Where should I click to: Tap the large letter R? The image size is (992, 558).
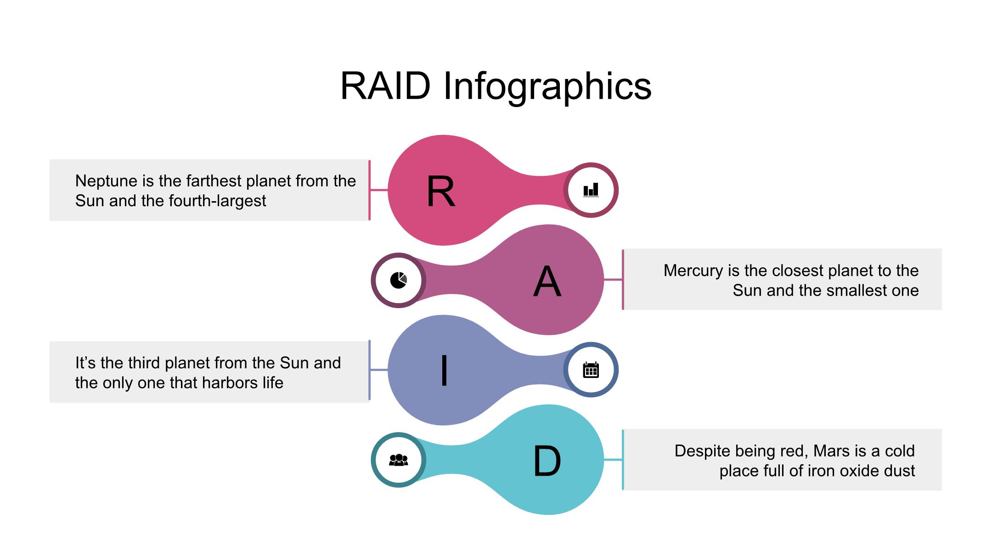pos(441,192)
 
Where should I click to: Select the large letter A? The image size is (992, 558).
pos(547,282)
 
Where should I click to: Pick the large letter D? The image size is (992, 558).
pos(547,461)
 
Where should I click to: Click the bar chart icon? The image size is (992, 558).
pos(591,190)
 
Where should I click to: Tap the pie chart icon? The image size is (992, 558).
pos(399,280)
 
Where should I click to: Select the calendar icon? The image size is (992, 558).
pos(591,370)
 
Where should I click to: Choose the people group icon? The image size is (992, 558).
pos(399,460)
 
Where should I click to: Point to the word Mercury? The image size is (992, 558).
pos(693,271)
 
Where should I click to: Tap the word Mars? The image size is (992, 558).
pos(831,451)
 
